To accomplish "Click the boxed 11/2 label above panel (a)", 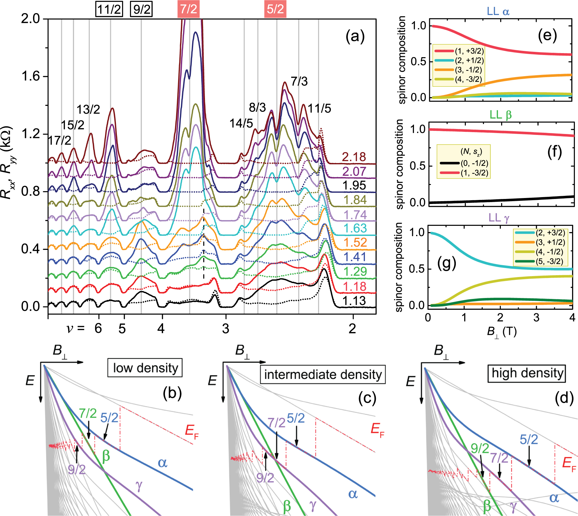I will point(109,9).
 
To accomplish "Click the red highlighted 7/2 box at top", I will point(188,9).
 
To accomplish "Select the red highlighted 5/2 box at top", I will point(275,9).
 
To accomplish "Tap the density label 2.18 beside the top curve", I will point(354,157).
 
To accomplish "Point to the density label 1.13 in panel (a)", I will point(354,301).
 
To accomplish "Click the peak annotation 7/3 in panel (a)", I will point(299,82).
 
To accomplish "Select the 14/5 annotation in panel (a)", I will point(241,124).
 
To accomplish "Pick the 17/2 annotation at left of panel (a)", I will point(59,141).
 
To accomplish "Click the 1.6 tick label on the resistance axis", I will point(31,77).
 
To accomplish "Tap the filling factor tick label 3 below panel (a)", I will point(226,329).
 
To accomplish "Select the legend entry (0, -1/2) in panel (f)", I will point(474,163).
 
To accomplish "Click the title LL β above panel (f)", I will point(501,115).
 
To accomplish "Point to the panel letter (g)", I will point(447,263).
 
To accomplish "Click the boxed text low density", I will point(145,368).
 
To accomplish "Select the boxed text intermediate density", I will point(323,375).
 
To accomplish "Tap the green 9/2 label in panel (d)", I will point(480,449).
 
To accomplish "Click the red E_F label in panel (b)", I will point(192,431).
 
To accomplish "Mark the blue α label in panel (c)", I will point(353,494).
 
